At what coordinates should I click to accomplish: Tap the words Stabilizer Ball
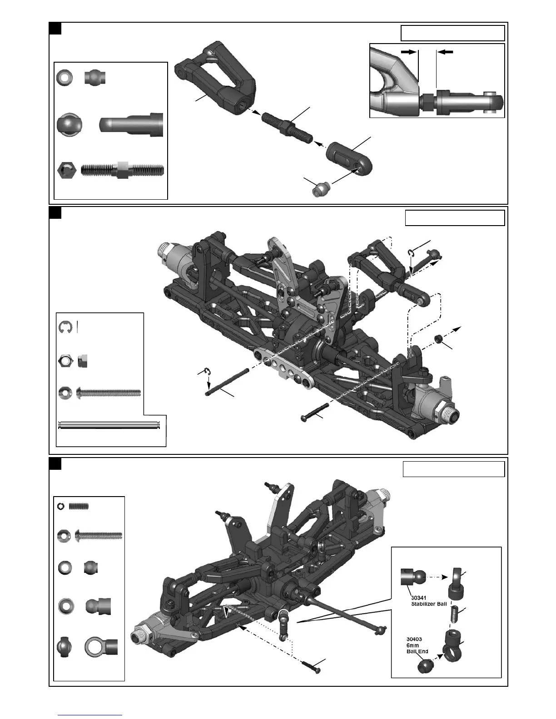429,605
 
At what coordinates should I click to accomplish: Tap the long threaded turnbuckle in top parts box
123,171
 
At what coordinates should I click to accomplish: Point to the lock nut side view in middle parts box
82,361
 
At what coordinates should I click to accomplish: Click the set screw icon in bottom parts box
78,506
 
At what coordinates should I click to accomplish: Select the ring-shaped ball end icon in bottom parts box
101,646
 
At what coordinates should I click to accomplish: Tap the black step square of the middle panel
55,212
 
